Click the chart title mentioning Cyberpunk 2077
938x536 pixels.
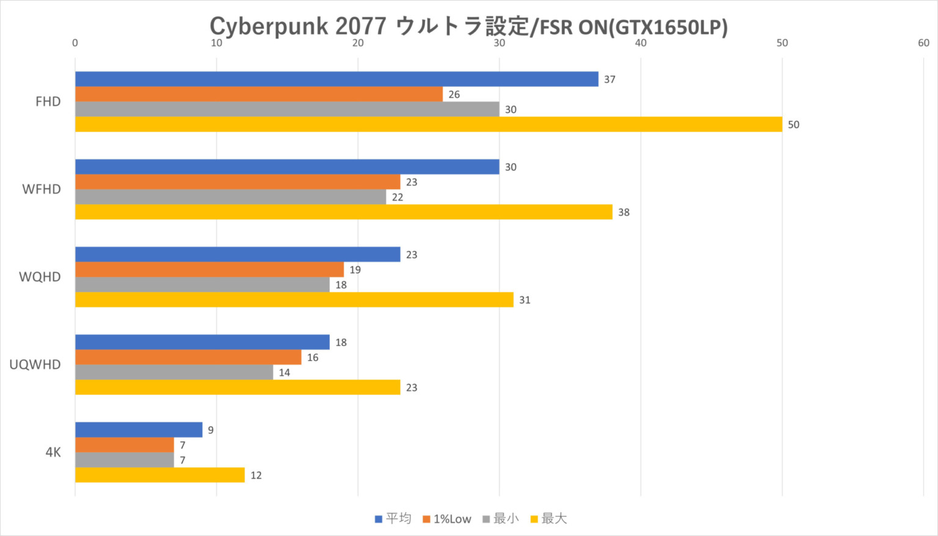tap(468, 26)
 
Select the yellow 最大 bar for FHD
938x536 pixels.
tap(428, 125)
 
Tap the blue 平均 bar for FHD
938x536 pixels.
tap(336, 79)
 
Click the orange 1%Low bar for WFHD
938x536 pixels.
tap(238, 182)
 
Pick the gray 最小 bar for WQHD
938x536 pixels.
tap(202, 284)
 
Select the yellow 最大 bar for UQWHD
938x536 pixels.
tap(238, 388)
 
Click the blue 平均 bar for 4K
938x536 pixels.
tap(139, 430)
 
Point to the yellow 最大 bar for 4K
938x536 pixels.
tap(160, 475)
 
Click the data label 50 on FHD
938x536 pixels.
tap(793, 125)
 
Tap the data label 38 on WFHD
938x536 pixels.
tap(624, 212)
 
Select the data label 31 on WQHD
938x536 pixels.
tap(525, 300)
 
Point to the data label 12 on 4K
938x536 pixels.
tap(256, 475)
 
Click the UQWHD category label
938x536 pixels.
tap(35, 365)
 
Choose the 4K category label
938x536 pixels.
tap(53, 452)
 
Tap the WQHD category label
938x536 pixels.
tap(40, 277)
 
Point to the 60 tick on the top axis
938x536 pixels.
tap(923, 43)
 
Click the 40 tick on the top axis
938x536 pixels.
tap(641, 43)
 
